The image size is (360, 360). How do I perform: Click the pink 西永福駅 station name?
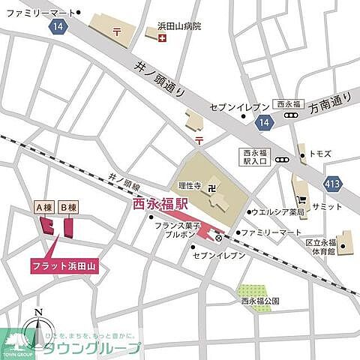(160, 203)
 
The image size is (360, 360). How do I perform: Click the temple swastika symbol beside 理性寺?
(214, 183)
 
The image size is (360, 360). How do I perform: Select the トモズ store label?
(320, 154)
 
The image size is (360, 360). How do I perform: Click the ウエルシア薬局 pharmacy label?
(278, 212)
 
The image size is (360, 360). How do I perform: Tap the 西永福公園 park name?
(259, 301)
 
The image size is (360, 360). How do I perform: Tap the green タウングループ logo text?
(101, 348)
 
